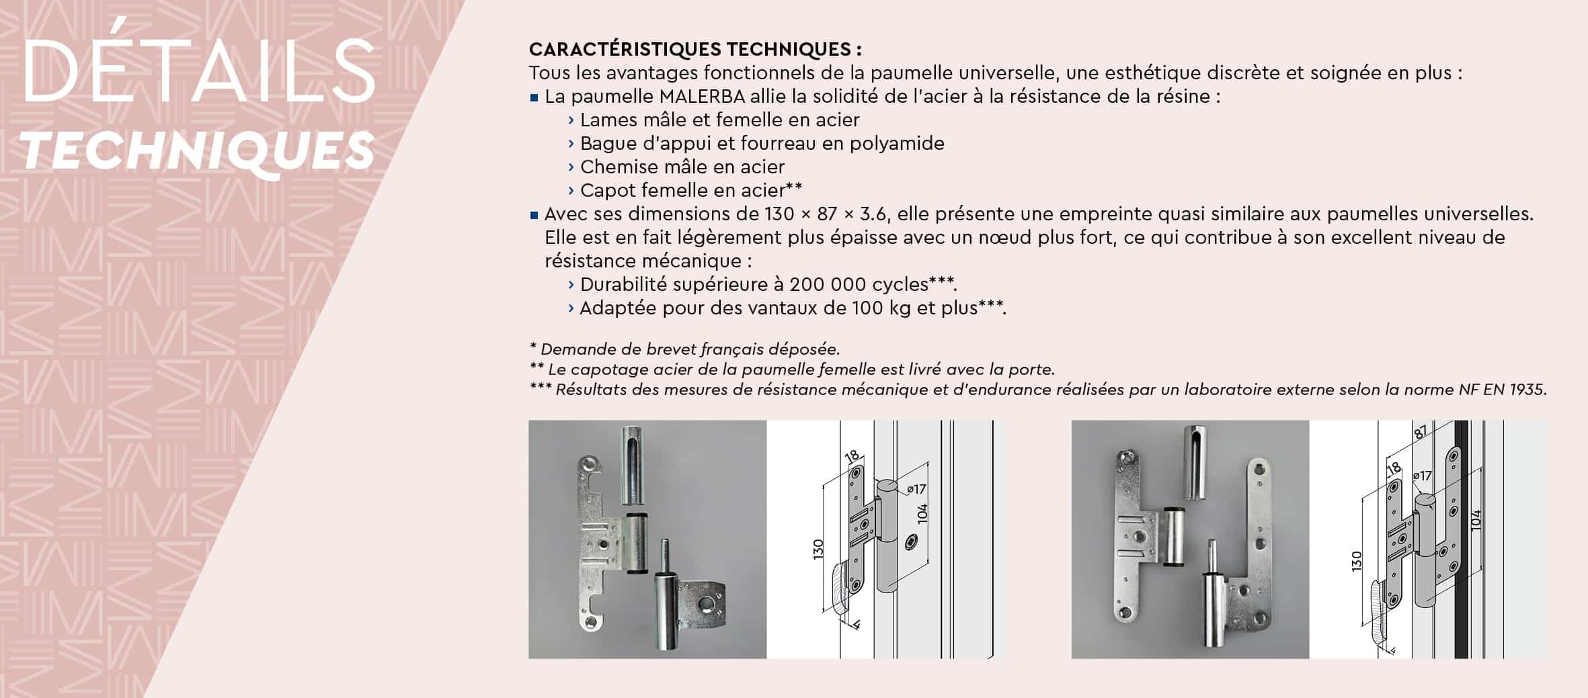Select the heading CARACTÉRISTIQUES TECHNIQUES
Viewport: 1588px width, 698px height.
[x=695, y=49]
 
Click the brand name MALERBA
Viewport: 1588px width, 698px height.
[x=702, y=97]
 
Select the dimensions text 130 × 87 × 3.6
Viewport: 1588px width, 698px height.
[x=825, y=214]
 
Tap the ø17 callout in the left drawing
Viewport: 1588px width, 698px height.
[x=916, y=489]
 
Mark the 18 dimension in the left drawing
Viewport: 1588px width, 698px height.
[x=852, y=457]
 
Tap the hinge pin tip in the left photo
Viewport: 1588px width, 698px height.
[x=665, y=546]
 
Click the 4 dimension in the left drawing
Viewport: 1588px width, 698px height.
[x=857, y=625]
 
